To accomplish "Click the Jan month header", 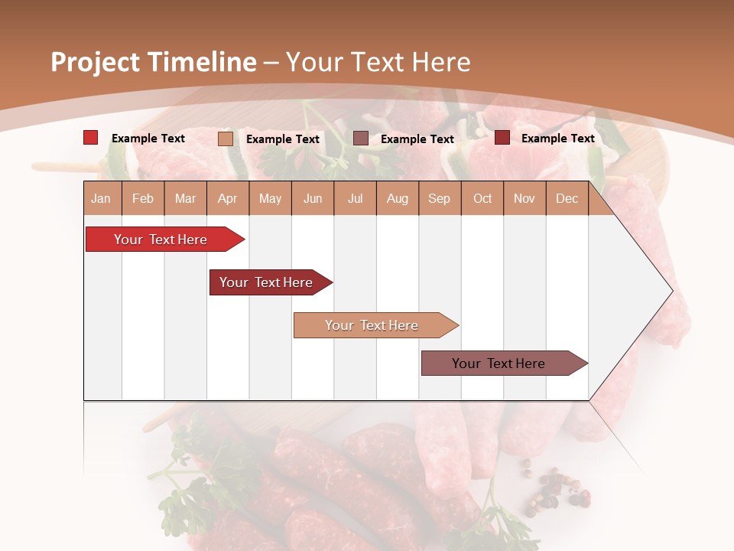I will [101, 199].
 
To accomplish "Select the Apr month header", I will [227, 199].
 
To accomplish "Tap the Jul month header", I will [355, 199].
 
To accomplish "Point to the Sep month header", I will [439, 199].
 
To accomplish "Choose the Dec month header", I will [567, 199].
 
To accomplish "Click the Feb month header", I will [143, 199].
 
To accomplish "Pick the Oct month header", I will [482, 199].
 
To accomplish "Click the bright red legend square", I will [91, 138].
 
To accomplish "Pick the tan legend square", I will [226, 139].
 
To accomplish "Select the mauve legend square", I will [361, 139].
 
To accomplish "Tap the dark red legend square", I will [502, 138].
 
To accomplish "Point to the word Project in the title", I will [94, 62].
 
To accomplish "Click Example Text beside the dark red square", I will [557, 139].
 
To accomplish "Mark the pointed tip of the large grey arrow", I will [671, 291].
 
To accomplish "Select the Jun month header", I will [313, 199].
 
